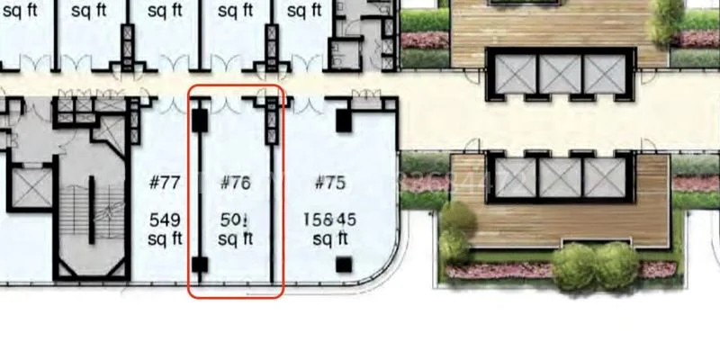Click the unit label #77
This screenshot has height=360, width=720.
coord(165,183)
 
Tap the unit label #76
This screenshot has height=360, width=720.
coord(235,183)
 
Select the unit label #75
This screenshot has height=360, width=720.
coord(330,183)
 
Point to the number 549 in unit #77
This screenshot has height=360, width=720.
coord(165,220)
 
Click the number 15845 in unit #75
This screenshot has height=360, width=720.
coord(330,220)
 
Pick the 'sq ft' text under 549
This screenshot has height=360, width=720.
coord(165,238)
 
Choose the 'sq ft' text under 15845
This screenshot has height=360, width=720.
coord(330,238)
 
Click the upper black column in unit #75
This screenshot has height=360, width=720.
coord(343,120)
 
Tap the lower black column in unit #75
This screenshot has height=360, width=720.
coord(343,265)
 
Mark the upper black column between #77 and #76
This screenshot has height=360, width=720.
coord(200,120)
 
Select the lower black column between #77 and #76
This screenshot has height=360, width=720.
coord(200,265)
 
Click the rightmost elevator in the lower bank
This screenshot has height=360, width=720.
coord(604,177)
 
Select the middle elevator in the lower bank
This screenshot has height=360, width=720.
coord(560,177)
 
